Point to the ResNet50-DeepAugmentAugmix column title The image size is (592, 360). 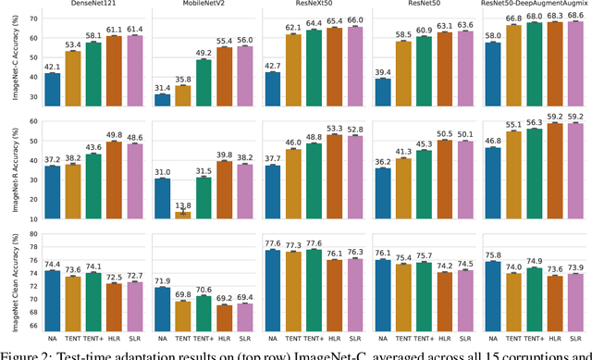[x=538, y=5]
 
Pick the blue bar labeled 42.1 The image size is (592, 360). [x=52, y=86]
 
